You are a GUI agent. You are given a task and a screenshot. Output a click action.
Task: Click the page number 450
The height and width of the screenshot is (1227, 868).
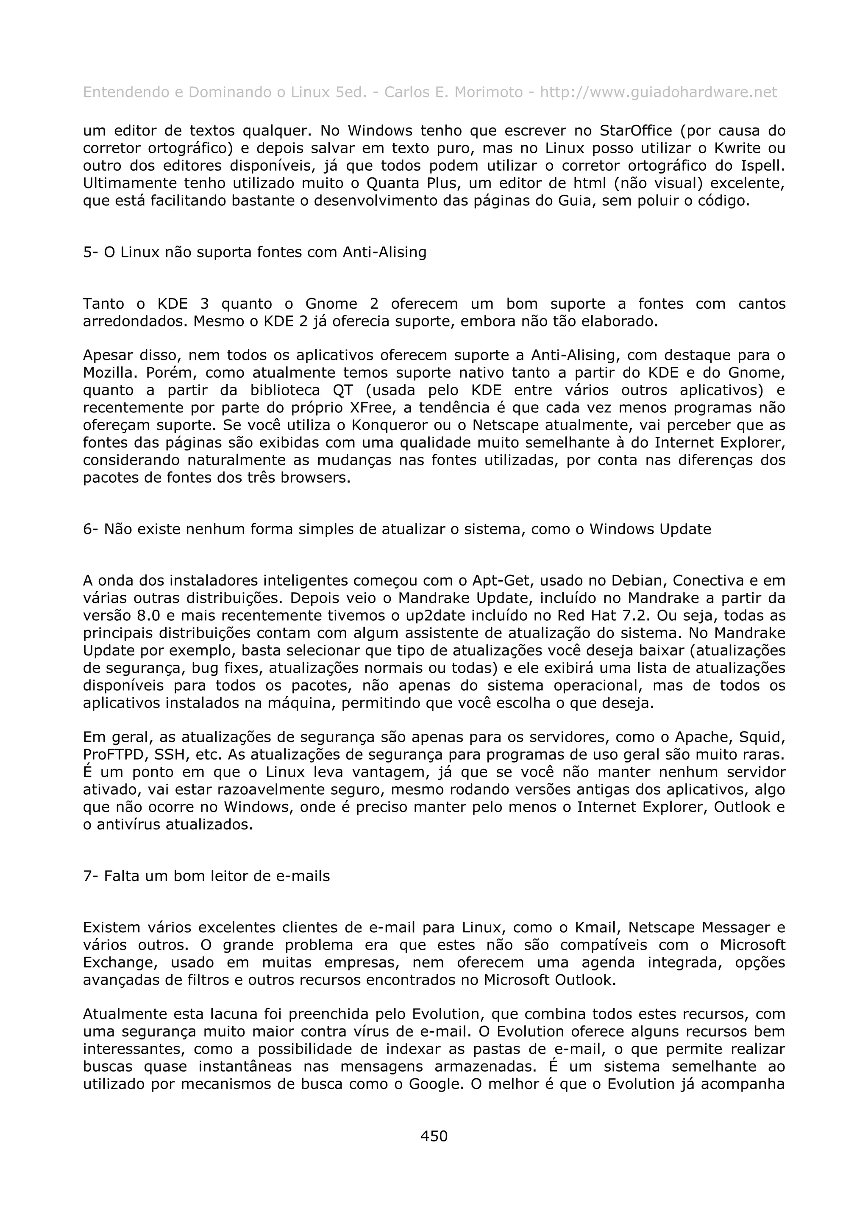point(434,1136)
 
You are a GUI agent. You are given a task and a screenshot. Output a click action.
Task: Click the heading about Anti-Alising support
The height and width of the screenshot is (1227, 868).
point(255,252)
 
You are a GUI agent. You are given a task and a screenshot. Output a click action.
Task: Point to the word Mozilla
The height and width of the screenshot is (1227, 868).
point(106,373)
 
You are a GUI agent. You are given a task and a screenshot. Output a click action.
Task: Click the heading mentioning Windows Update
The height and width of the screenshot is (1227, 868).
point(397,530)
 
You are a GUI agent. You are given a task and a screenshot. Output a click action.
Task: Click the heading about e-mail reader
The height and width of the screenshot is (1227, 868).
point(206,876)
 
